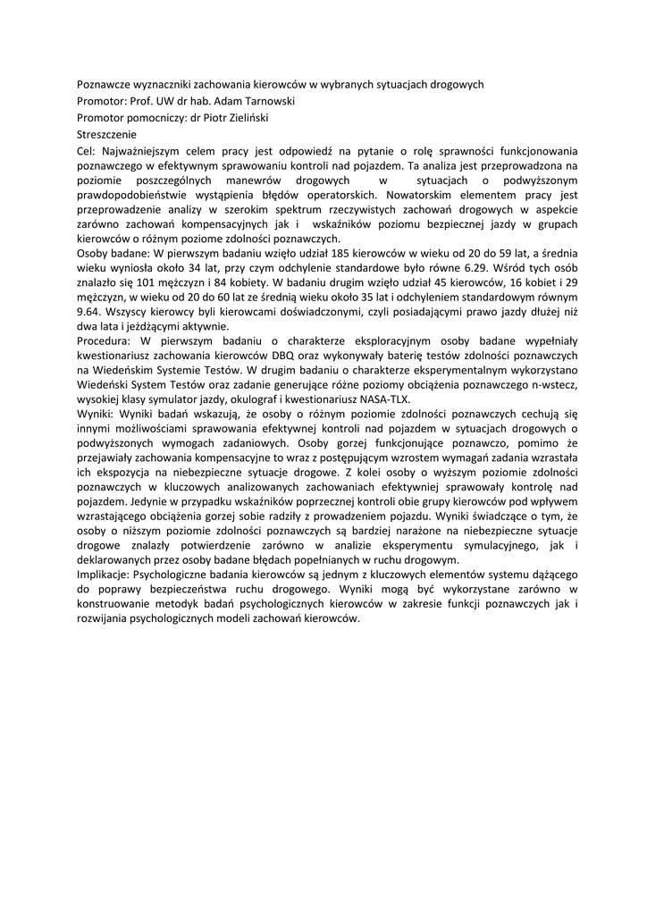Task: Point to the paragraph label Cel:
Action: [88, 151]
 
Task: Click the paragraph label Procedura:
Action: [106, 340]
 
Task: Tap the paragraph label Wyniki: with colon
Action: [96, 415]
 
